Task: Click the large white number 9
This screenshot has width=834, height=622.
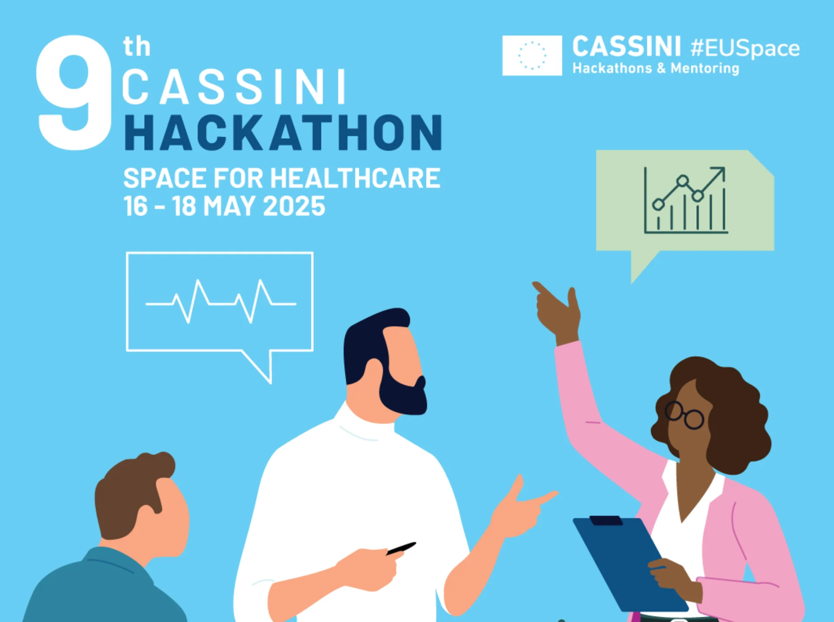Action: coord(74,93)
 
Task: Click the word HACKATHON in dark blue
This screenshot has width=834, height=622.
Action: coord(283,133)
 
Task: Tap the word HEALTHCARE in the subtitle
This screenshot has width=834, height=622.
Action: coord(355,178)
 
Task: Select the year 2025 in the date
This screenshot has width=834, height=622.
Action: coord(294,206)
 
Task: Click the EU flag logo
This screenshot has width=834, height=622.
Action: coord(532,56)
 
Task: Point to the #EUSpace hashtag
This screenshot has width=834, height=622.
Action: coord(745,48)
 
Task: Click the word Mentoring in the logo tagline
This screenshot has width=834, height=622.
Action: coord(705,68)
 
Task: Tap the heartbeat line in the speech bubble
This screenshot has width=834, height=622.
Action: coord(221,301)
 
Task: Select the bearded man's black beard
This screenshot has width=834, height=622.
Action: coord(402,394)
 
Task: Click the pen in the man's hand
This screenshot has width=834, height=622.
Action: coord(401,548)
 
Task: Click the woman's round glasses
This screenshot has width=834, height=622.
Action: coord(684,415)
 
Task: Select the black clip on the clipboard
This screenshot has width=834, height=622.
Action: coord(606,520)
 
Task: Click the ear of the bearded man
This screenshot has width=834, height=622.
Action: coord(373,372)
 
